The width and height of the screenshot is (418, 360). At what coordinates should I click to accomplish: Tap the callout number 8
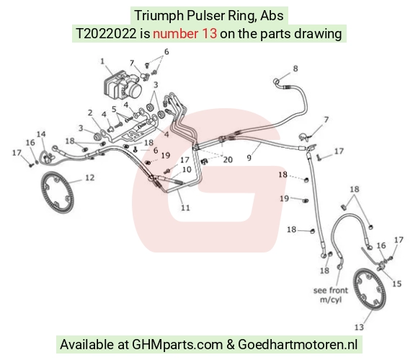tap(295, 69)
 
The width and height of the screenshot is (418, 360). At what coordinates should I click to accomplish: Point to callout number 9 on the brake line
tap(249, 158)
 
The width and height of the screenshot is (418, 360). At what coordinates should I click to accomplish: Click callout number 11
tap(185, 207)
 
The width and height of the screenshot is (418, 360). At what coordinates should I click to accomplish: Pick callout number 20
tap(228, 159)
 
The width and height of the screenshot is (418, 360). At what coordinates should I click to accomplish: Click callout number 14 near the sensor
tap(41, 134)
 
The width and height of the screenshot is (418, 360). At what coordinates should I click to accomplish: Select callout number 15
tap(396, 284)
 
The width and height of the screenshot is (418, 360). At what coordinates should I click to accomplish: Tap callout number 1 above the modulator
tap(102, 61)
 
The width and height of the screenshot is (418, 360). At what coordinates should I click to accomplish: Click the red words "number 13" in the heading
tap(184, 34)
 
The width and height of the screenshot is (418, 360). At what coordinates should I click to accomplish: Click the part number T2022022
tap(106, 34)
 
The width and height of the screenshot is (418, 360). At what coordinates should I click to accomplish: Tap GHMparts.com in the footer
tap(177, 344)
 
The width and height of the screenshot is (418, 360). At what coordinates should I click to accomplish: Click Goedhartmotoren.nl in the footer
tap(298, 344)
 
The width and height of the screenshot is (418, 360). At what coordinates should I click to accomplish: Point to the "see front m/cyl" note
tap(331, 295)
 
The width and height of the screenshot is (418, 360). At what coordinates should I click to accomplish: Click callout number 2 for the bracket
tap(90, 113)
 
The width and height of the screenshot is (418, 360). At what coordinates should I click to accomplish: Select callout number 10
tap(187, 170)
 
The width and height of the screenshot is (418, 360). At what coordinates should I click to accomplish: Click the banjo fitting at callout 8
tap(277, 82)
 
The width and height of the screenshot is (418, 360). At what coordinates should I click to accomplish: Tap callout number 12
tap(90, 177)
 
